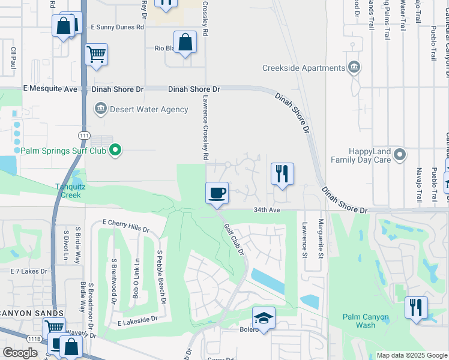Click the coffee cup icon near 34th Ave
pos(217,193)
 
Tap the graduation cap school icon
pos(264,318)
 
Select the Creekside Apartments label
pos(304,68)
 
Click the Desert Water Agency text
pos(141,109)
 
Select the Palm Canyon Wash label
pos(366,321)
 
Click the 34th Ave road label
pos(267,210)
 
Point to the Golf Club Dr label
pos(235,239)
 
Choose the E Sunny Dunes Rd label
pos(118,27)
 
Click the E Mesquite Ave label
pos(50,89)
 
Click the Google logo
pos(20,353)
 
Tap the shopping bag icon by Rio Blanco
pos(185,43)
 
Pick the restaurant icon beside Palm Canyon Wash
pos(416,307)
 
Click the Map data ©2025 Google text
pos(411,355)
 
